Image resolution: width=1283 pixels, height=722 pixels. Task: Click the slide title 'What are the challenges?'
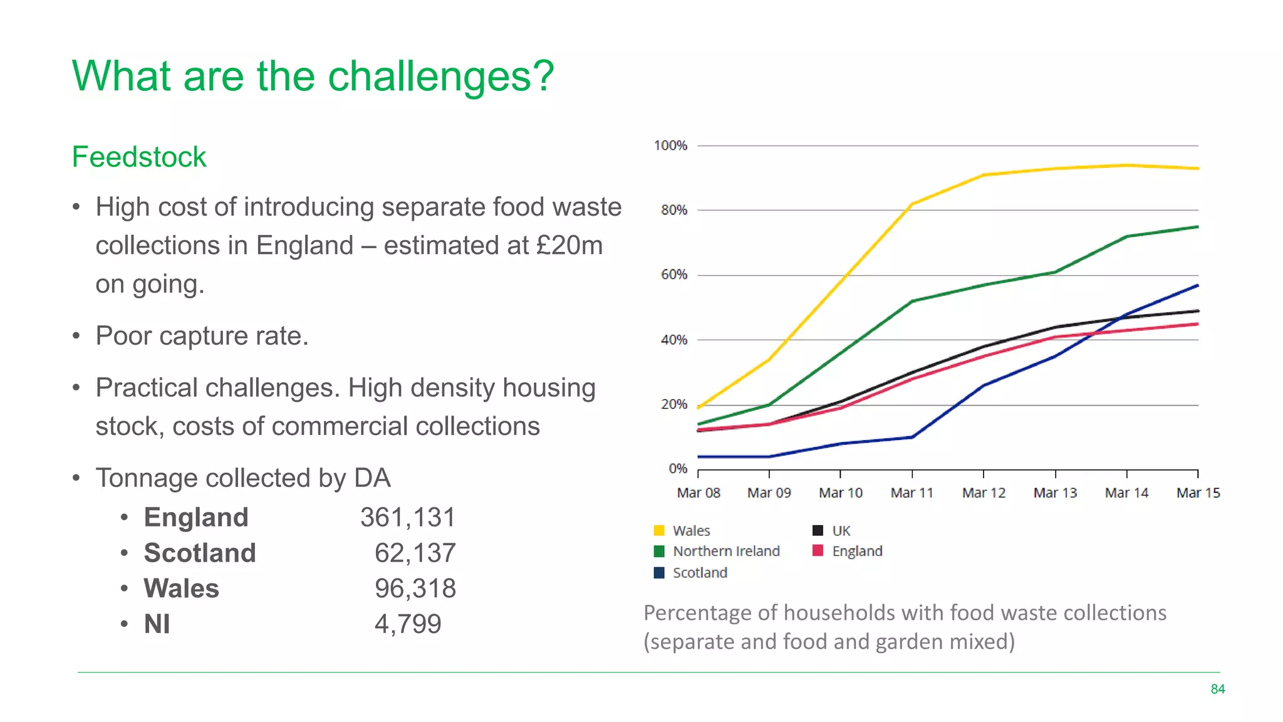point(313,76)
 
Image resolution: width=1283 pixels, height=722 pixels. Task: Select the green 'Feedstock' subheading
point(138,157)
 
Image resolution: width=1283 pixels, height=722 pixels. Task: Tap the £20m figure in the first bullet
point(569,246)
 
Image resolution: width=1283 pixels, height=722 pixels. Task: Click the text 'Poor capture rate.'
point(202,336)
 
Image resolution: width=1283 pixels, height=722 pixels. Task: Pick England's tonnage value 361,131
point(408,518)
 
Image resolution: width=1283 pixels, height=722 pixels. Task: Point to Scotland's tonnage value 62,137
point(415,553)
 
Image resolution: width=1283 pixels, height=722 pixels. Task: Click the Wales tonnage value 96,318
point(415,589)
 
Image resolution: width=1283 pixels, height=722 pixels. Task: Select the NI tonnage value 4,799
point(408,624)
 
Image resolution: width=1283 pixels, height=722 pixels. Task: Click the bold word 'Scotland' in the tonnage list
point(200,553)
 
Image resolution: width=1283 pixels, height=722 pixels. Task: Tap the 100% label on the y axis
point(670,145)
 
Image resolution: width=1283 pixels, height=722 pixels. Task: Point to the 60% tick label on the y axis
point(673,275)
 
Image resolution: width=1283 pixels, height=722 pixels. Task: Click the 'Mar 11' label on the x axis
point(912,493)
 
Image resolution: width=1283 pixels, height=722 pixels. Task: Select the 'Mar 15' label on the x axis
point(1198,493)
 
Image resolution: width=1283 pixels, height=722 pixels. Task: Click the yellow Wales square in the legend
point(659,531)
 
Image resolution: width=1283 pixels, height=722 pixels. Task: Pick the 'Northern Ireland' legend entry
point(725,552)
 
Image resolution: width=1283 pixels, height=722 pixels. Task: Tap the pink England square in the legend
point(818,551)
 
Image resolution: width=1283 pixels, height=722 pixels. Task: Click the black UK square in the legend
point(818,531)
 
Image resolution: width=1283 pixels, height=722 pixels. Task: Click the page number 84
point(1217,689)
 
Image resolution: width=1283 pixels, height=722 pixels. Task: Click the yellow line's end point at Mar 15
point(1197,169)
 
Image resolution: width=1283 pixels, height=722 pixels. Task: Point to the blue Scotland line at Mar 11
point(912,437)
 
